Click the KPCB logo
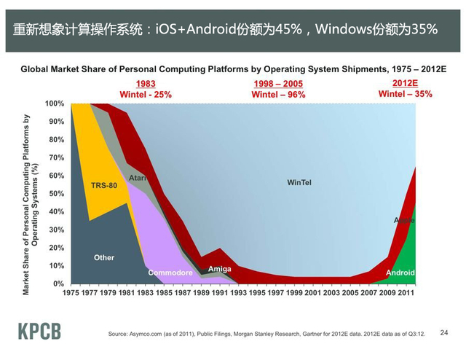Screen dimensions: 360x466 pyautogui.click(x=40, y=331)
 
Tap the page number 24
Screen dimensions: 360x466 pyautogui.click(x=444, y=332)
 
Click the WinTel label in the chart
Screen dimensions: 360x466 pyautogui.click(x=299, y=182)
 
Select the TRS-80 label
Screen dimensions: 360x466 pyautogui.click(x=104, y=186)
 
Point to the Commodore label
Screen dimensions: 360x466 pyautogui.click(x=170, y=273)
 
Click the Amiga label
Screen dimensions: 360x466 pyautogui.click(x=219, y=269)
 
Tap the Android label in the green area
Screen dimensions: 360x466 pyautogui.click(x=400, y=273)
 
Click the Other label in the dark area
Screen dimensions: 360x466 pyautogui.click(x=104, y=258)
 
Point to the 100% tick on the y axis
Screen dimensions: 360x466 pyautogui.click(x=55, y=103)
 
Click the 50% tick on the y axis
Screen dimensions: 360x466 pyautogui.click(x=58, y=194)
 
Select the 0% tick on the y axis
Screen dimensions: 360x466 pyautogui.click(x=60, y=283)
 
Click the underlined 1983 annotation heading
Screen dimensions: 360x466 pyautogui.click(x=146, y=85)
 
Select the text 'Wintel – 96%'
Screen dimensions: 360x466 pyautogui.click(x=277, y=95)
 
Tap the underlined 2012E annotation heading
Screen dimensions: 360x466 pyautogui.click(x=405, y=84)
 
